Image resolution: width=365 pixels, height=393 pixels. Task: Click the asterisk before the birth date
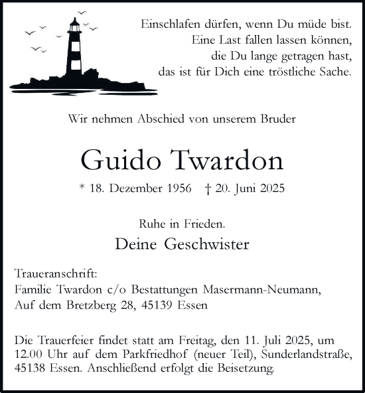82,188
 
